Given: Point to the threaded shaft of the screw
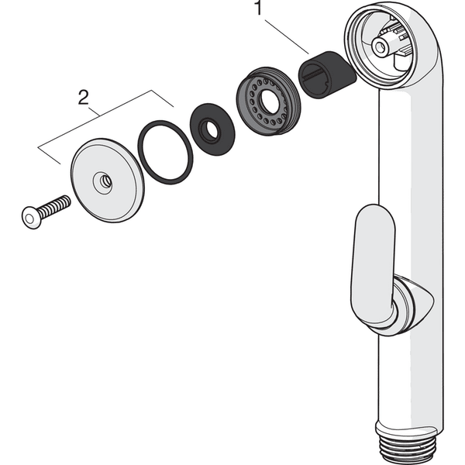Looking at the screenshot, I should coord(53,205).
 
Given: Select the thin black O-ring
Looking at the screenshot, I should coord(165,155).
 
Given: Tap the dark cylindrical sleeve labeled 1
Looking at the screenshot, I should coord(326,74).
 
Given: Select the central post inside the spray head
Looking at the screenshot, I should coord(381,46).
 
